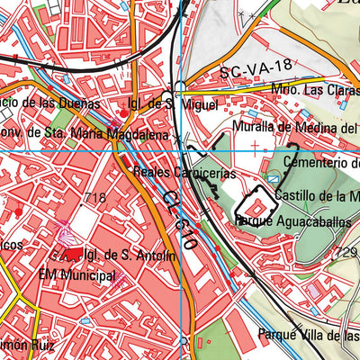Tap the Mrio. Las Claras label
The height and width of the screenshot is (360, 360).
(310, 90)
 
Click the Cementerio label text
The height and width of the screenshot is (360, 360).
(320, 162)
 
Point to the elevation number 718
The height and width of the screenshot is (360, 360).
(94, 198)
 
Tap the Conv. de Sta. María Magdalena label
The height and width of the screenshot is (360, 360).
(72, 135)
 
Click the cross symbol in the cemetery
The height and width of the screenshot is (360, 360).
(256, 144)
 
